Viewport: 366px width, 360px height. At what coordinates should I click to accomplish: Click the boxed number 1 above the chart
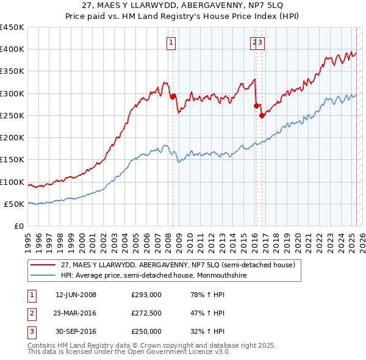click(171, 42)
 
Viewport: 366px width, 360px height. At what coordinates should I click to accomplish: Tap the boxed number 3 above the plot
click(260, 42)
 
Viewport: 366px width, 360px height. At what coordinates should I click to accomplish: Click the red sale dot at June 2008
click(173, 96)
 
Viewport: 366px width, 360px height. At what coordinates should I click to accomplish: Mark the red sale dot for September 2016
click(262, 115)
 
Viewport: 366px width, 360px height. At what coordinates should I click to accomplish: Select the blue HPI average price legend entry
click(160, 275)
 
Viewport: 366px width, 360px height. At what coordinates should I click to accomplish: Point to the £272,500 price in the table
click(146, 313)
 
